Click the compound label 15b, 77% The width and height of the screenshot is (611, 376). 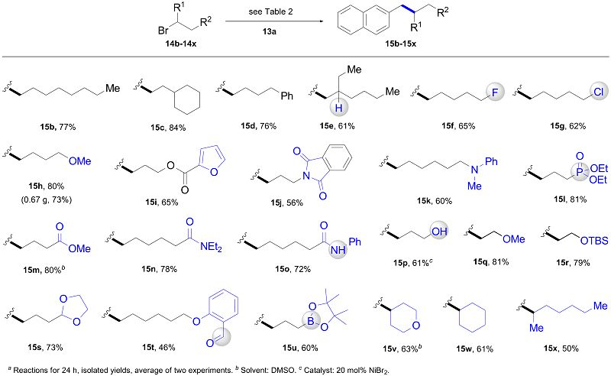click(58, 127)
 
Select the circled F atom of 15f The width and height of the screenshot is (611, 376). click(494, 92)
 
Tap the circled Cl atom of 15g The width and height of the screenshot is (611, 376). click(598, 92)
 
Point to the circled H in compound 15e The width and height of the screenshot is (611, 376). click(338, 107)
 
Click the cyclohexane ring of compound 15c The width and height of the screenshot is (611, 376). click(187, 98)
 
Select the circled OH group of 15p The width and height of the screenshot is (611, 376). click(438, 232)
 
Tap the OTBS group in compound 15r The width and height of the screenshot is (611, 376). click(594, 241)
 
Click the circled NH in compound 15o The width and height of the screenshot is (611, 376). click(338, 250)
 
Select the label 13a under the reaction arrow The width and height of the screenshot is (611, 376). click(269, 31)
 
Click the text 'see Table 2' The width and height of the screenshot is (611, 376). click(270, 11)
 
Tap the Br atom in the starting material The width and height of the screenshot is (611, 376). click(163, 30)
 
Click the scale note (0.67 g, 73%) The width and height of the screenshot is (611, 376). click(47, 200)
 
